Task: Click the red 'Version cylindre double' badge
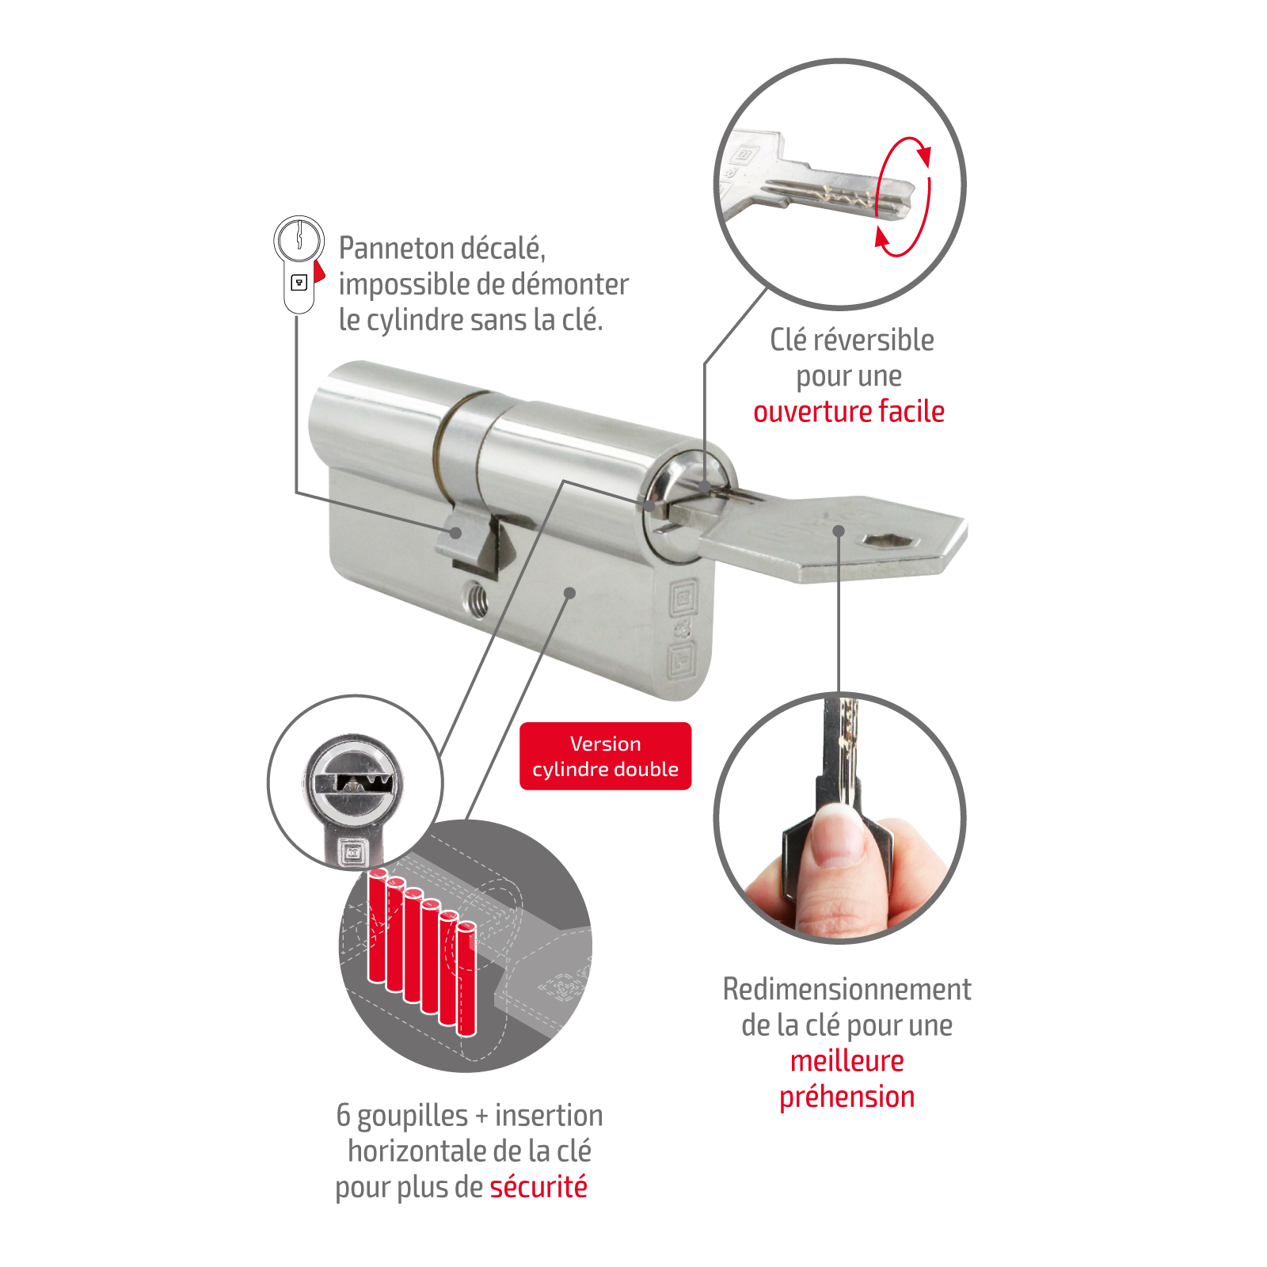pyautogui.click(x=605, y=756)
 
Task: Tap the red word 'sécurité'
pyautogui.click(x=538, y=1187)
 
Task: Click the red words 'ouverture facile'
pyautogui.click(x=849, y=412)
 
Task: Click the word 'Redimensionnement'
pyautogui.click(x=847, y=989)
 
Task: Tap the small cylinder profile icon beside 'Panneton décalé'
pyautogui.click(x=299, y=264)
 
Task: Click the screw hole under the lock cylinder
pyautogui.click(x=475, y=599)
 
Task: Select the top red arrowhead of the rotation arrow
pyautogui.click(x=924, y=154)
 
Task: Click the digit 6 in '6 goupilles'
pyautogui.click(x=344, y=1115)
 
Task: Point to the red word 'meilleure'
pyautogui.click(x=847, y=1061)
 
